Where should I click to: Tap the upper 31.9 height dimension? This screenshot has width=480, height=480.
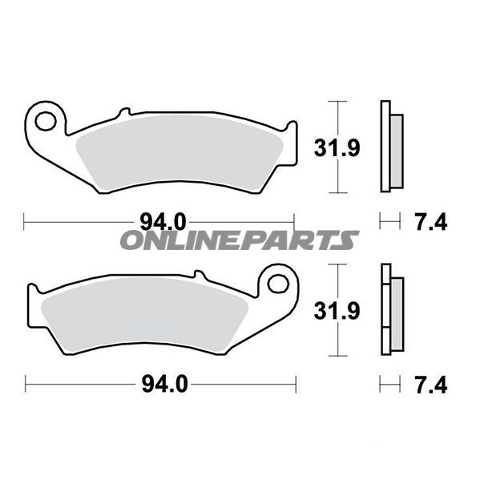337,148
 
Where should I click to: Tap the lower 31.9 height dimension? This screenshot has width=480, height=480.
337,311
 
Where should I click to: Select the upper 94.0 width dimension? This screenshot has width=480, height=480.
163,222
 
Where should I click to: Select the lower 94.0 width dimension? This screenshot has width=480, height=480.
165,384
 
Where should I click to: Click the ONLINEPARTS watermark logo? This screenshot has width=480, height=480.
240,240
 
